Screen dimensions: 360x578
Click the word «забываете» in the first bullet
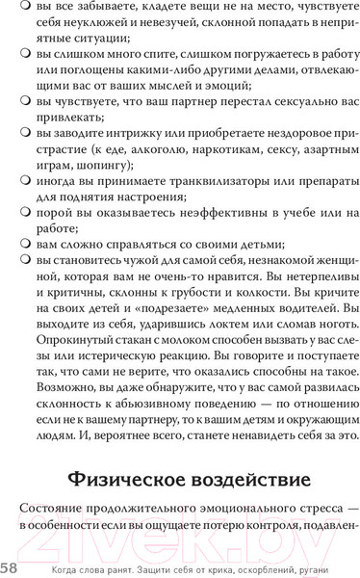point(100,9)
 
